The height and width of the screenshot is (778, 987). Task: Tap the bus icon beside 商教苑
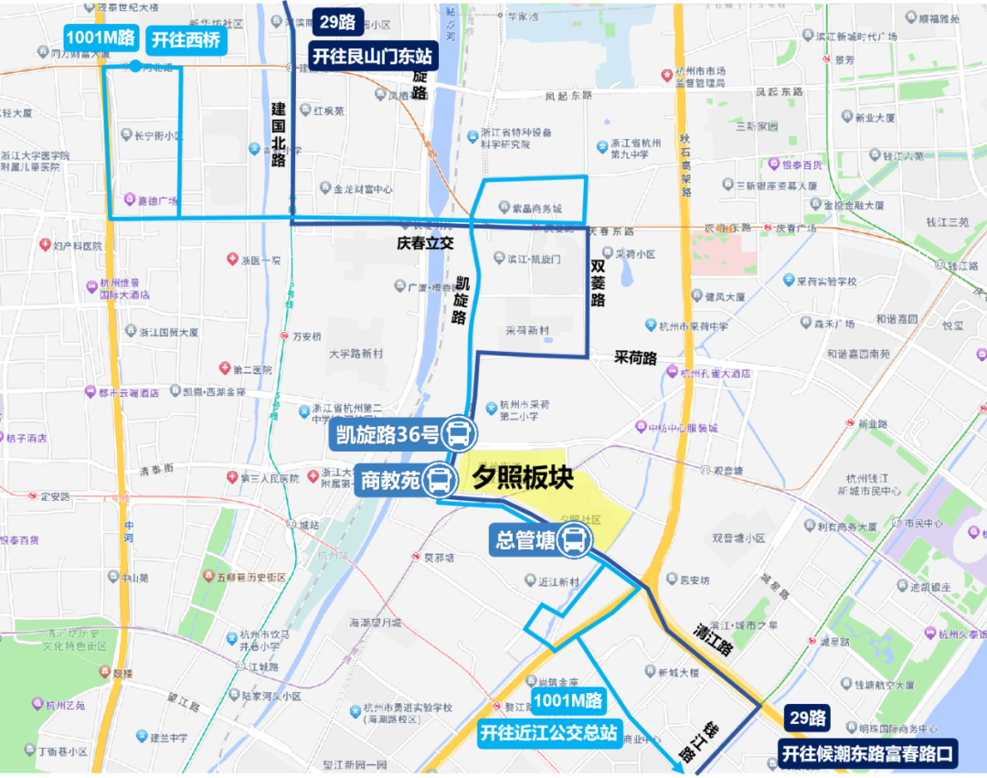[439, 480]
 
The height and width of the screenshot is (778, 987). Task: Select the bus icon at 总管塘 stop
[574, 539]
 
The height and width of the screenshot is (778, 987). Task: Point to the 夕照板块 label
[522, 477]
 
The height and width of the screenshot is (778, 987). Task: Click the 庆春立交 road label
[425, 244]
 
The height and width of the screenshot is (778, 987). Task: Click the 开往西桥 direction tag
[186, 39]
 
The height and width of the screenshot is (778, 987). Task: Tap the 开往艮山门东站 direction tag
[374, 56]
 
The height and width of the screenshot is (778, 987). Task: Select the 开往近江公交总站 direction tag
[550, 732]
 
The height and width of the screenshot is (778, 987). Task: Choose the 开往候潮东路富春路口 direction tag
[867, 753]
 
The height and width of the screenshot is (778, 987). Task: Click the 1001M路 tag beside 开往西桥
[101, 38]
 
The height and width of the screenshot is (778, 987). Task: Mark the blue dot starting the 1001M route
[135, 66]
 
